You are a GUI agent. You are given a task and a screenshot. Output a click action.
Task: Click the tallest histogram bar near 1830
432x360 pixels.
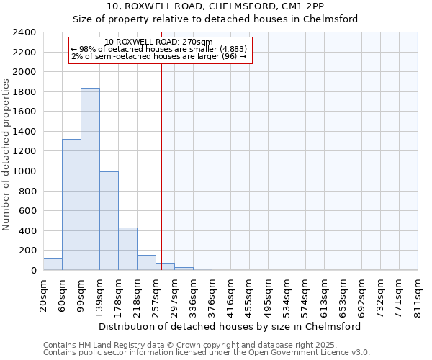pyautogui.click(x=90, y=179)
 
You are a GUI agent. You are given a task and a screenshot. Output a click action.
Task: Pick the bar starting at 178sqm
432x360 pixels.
pyautogui.click(x=127, y=249)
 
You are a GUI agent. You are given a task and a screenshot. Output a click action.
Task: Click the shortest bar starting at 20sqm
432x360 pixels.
pyautogui.click(x=53, y=264)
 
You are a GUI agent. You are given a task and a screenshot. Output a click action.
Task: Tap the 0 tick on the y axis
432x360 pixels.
pyautogui.click(x=33, y=271)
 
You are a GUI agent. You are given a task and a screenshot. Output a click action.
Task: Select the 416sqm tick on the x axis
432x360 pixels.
pyautogui.click(x=230, y=294)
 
